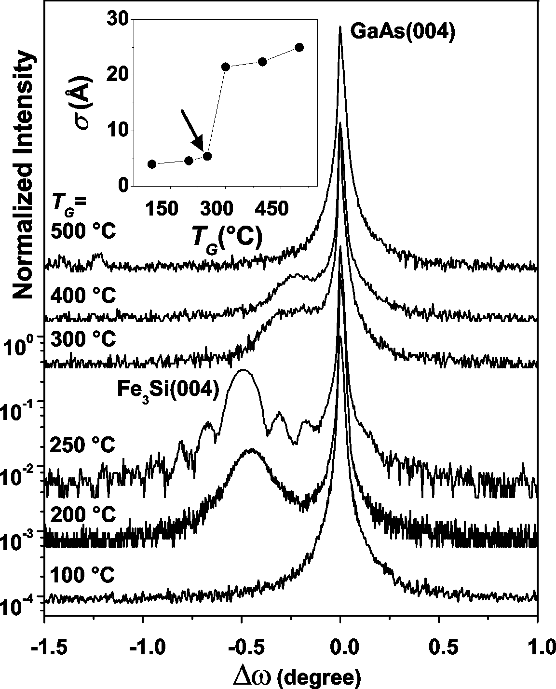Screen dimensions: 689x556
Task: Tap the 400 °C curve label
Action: (x=83, y=295)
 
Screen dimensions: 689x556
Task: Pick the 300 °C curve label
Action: (x=83, y=338)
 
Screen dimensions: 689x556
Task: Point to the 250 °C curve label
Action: (x=83, y=445)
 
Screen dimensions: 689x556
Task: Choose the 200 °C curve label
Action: (x=83, y=515)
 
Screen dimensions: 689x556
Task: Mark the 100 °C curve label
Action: (x=83, y=575)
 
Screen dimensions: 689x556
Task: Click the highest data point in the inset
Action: (x=299, y=47)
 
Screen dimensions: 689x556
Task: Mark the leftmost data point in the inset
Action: (x=152, y=164)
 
